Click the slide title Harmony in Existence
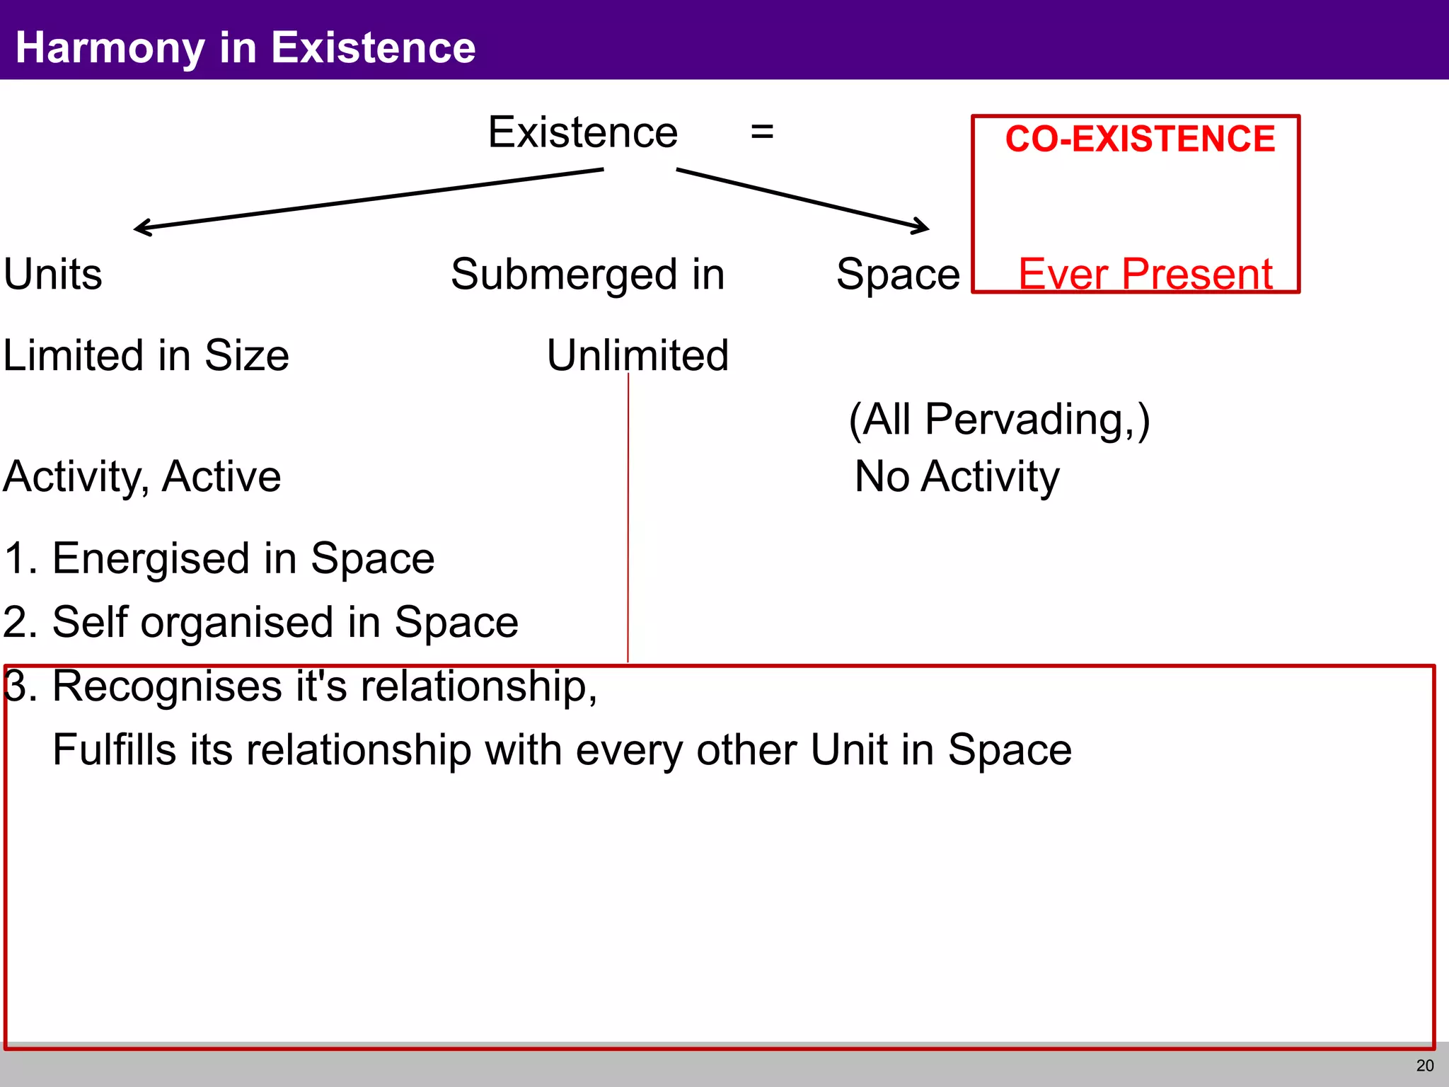click(245, 47)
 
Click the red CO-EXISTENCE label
click(1140, 139)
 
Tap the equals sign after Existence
click(762, 132)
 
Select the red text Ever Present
click(1145, 274)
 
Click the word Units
click(53, 275)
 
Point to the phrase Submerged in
click(587, 275)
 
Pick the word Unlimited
click(637, 355)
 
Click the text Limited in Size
click(146, 355)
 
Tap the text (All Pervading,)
click(999, 420)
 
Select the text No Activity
click(957, 476)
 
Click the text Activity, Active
click(142, 476)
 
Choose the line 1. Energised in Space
click(219, 558)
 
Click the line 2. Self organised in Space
click(260, 623)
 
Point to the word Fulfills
click(114, 750)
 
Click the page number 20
click(1425, 1066)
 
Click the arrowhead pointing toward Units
click(139, 228)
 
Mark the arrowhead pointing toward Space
click(924, 227)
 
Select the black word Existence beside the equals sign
click(582, 132)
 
